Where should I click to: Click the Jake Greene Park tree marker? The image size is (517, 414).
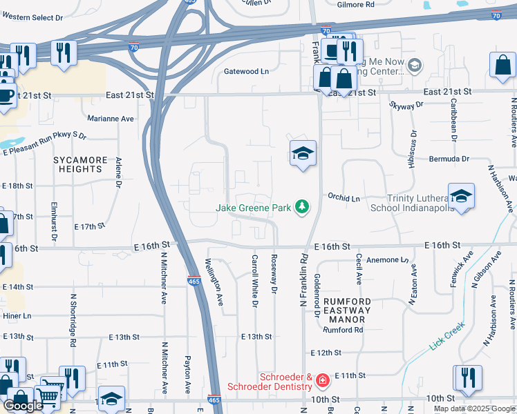point(301,206)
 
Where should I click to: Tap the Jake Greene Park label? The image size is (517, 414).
point(252,207)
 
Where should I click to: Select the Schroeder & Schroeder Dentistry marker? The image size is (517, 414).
point(321,380)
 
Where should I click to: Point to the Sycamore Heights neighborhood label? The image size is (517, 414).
point(81,164)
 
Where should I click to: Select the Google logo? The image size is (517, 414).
point(23,405)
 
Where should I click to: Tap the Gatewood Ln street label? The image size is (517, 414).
point(245,71)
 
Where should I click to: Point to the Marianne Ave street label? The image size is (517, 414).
point(111,119)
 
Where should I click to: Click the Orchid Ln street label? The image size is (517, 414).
point(344,198)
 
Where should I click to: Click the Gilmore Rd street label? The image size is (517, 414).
point(355,5)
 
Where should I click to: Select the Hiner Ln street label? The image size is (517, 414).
point(17,315)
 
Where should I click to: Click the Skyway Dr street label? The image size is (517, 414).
point(406,106)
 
